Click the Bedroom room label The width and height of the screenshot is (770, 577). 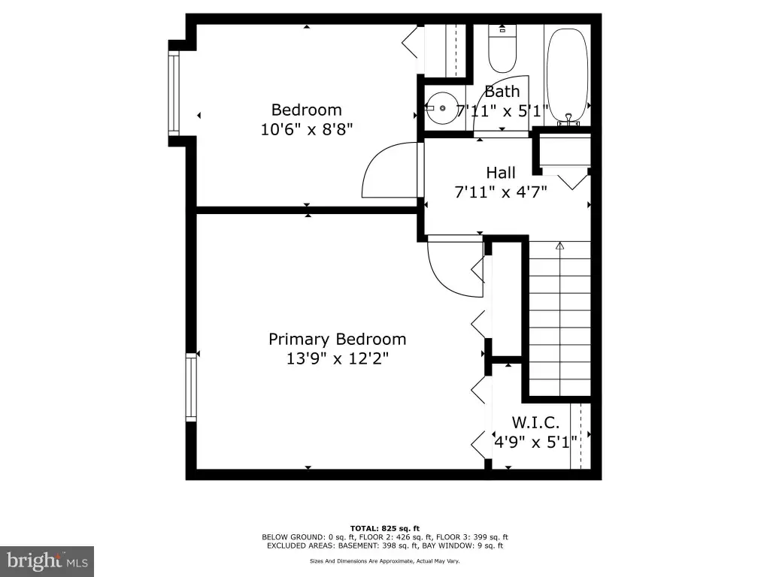307,110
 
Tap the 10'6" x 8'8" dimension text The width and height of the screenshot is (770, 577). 307,129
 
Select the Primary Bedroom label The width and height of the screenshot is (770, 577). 338,339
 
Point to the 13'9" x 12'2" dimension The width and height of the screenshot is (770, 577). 338,358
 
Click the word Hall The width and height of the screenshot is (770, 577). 501,173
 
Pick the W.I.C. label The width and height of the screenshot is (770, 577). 535,422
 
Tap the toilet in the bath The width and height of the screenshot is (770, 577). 502,49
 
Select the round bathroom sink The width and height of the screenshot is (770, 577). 442,108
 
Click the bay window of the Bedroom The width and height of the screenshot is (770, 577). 174,94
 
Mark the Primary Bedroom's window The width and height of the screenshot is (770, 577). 191,387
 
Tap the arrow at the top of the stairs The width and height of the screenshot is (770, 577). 559,246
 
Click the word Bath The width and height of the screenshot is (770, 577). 502,92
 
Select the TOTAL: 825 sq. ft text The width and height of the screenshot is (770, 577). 385,528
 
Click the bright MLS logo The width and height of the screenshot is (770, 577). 47,560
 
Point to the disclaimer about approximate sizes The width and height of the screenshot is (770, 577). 384,560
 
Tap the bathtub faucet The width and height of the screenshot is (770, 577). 568,119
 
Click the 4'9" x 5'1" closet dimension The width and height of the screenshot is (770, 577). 535,442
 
